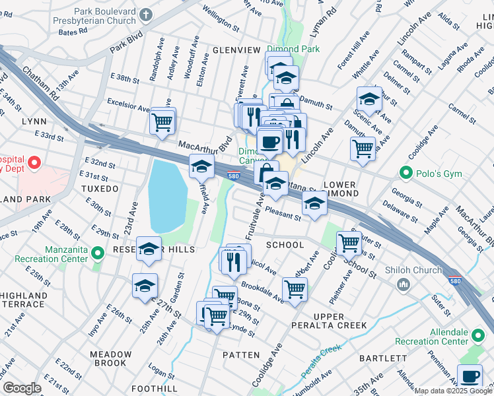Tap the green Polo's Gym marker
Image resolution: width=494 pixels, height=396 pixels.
[406, 173]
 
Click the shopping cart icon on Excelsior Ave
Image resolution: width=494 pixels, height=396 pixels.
[162, 121]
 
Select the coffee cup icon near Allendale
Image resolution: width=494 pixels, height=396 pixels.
[470, 376]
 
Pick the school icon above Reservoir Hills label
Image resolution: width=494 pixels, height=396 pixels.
[149, 249]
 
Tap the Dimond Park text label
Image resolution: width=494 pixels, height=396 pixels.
[293, 49]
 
